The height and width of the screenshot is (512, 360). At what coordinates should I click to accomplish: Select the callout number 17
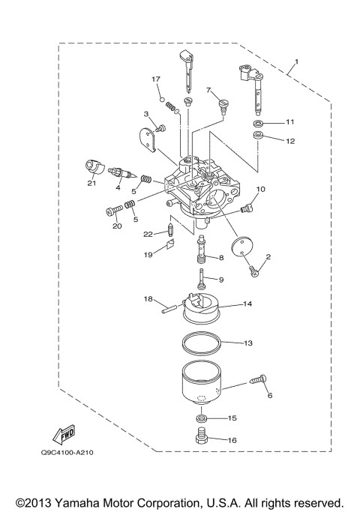[156, 79]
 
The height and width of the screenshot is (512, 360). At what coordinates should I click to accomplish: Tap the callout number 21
[91, 183]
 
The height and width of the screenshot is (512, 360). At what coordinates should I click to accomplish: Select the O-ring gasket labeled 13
[202, 344]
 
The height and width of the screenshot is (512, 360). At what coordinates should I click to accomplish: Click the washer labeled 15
[202, 418]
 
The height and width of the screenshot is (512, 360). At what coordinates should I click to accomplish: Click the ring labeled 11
[257, 121]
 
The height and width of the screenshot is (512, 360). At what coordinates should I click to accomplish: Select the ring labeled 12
[258, 137]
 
